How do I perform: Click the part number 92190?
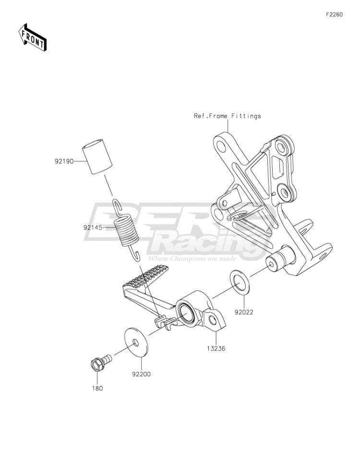(64, 162)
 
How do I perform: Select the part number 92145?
(93, 227)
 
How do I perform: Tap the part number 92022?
(244, 312)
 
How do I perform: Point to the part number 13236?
(216, 348)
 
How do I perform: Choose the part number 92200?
(142, 374)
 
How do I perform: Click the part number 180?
(97, 388)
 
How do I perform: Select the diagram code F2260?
(334, 14)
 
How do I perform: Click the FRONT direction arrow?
(33, 37)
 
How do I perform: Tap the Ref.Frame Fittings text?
(228, 116)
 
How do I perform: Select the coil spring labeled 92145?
(127, 230)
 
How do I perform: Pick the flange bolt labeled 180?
(100, 361)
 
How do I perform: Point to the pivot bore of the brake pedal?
(186, 312)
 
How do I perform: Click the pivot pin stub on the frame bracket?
(279, 261)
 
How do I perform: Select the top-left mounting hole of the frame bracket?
(221, 146)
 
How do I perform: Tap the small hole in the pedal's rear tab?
(213, 320)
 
